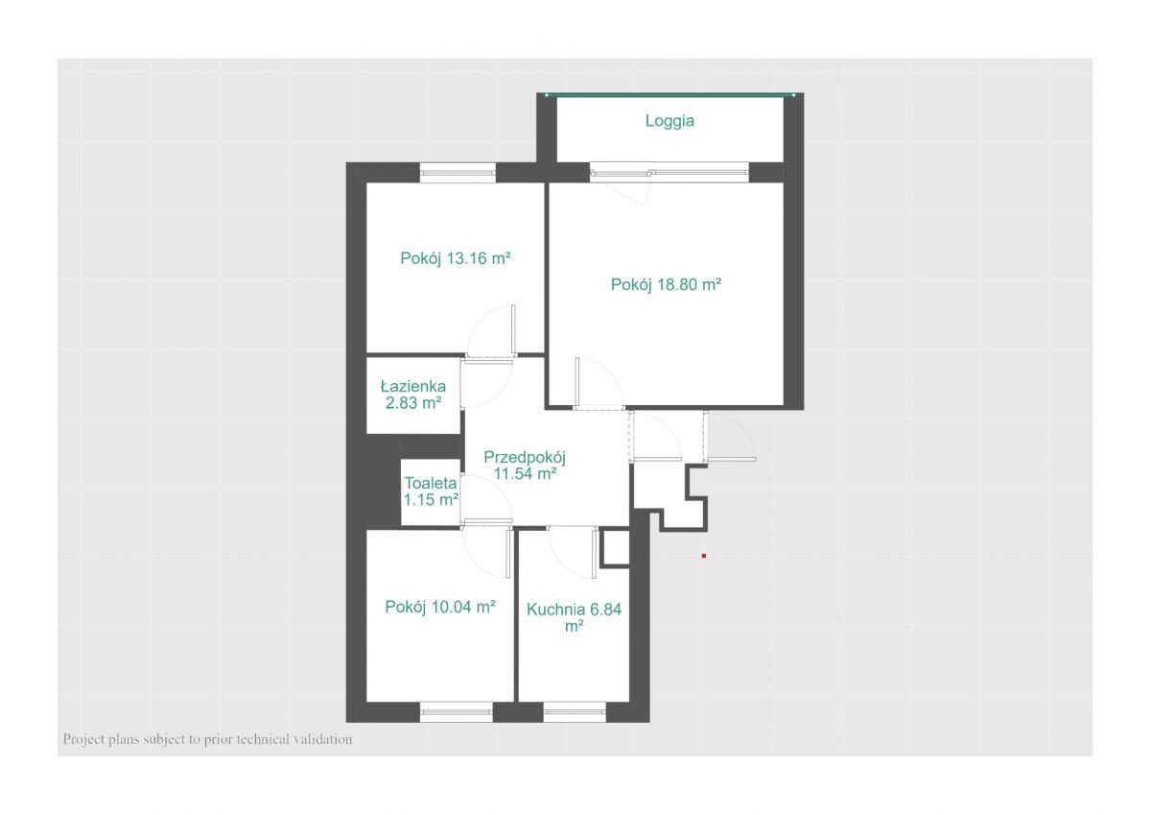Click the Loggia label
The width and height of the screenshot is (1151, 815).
[x=669, y=121]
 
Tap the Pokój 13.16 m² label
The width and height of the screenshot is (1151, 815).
[x=456, y=258]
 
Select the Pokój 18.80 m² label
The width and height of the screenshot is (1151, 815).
[x=666, y=284]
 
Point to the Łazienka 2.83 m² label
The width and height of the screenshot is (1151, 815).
[x=413, y=395]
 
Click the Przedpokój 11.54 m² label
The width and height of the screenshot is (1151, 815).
[x=525, y=466]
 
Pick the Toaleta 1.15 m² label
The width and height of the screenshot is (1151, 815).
[x=431, y=491]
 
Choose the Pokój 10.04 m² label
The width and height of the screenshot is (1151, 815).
[x=440, y=608]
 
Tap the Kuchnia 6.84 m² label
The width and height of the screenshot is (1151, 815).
[x=574, y=617]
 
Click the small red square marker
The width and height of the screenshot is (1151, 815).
[x=704, y=556]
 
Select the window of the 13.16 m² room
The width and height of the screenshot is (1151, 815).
[x=458, y=173]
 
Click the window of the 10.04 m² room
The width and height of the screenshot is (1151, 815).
[x=457, y=711]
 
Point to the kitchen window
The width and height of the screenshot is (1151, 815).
[x=575, y=711]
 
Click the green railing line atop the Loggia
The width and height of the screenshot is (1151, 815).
[x=670, y=95]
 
